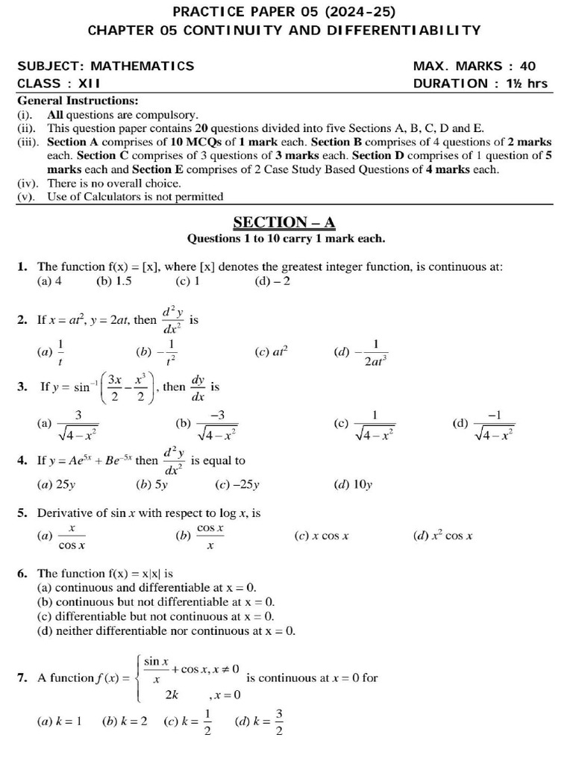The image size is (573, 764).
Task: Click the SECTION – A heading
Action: pyautogui.click(x=284, y=222)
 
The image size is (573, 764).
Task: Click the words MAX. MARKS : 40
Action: pyautogui.click(x=474, y=66)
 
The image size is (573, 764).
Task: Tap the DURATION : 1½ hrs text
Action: pyautogui.click(x=480, y=84)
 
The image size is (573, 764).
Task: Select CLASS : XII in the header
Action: pyautogui.click(x=59, y=84)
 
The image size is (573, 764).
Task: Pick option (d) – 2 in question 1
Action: pyautogui.click(x=272, y=281)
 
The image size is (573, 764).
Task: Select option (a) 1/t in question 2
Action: pyautogui.click(x=51, y=351)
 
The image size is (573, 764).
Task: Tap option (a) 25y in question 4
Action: pyautogui.click(x=56, y=484)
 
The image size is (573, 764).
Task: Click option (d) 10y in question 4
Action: pyautogui.click(x=354, y=484)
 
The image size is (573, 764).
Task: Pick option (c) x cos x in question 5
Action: pyautogui.click(x=322, y=536)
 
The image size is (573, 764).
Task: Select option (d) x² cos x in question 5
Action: pyautogui.click(x=443, y=536)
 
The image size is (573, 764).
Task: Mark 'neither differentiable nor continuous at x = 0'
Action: pyautogui.click(x=166, y=630)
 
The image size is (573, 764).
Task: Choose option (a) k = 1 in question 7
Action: pyautogui.click(x=59, y=721)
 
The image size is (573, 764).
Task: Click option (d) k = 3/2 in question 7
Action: pyautogui.click(x=259, y=721)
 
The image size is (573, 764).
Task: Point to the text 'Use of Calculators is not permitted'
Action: pyautogui.click(x=134, y=197)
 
